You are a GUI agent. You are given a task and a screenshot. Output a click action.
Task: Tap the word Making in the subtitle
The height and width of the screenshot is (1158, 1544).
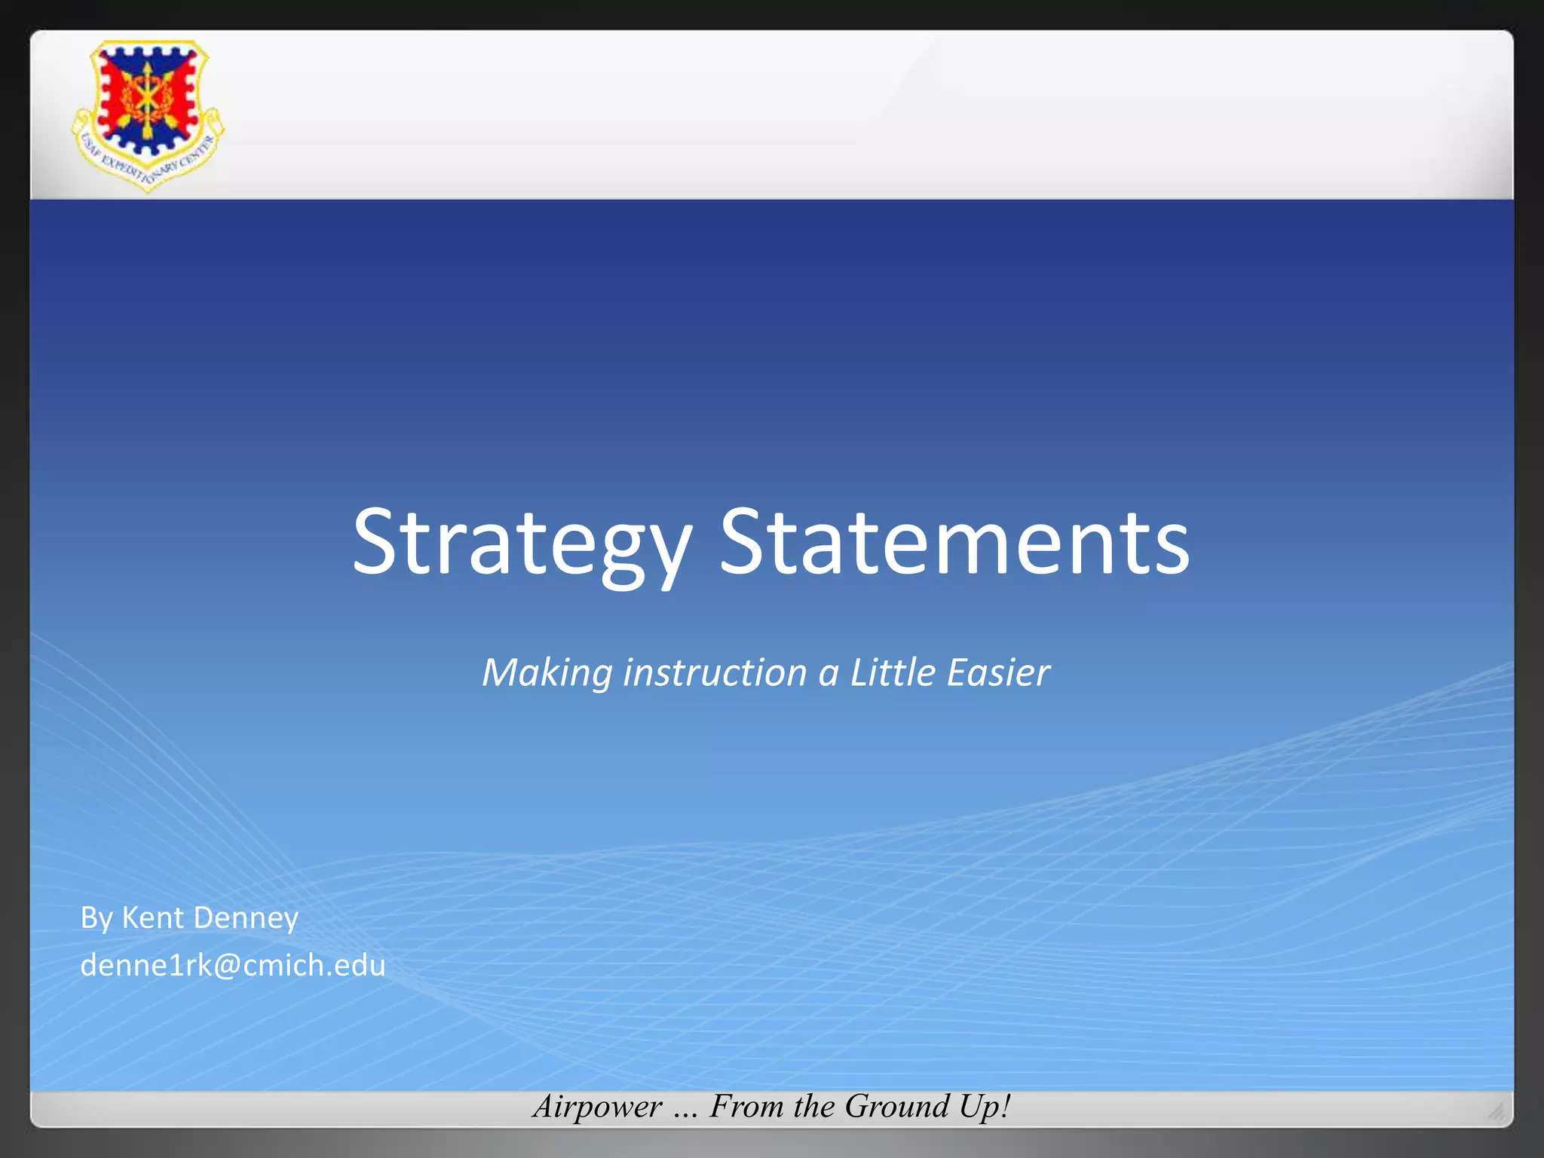[x=547, y=673]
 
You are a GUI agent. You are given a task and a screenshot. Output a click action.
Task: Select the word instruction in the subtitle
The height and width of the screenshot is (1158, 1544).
[x=715, y=672]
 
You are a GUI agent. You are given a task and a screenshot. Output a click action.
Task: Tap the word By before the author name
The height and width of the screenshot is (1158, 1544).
[x=96, y=919]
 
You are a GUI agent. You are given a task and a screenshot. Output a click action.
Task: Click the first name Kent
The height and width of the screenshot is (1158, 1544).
[x=152, y=918]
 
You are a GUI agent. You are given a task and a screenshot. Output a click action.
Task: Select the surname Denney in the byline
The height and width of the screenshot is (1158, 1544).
[x=247, y=919]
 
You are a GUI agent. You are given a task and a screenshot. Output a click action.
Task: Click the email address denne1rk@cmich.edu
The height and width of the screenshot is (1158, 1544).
[x=232, y=965]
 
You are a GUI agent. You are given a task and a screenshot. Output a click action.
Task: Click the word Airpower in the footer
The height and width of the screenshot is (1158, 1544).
[x=597, y=1107]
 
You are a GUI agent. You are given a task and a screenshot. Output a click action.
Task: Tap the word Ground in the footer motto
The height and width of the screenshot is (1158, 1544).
[x=896, y=1107]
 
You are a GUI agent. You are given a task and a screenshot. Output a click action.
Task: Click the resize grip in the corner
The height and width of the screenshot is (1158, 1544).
[x=1497, y=1111]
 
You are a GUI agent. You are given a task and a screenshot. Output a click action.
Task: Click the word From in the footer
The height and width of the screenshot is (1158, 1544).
[x=748, y=1107]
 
